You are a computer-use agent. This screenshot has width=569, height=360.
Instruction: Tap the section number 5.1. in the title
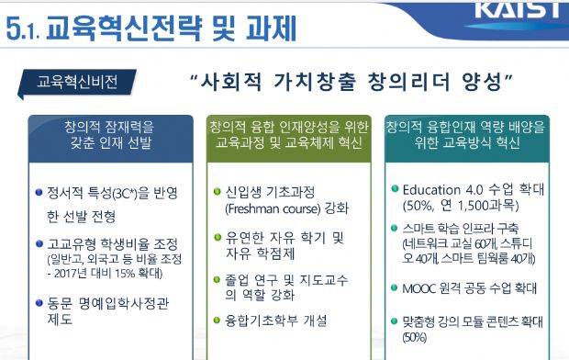pyautogui.click(x=24, y=28)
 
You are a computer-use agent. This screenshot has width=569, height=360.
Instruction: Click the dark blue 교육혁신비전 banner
pyautogui.click(x=77, y=82)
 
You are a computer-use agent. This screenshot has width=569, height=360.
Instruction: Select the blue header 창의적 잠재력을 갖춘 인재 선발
pyautogui.click(x=111, y=139)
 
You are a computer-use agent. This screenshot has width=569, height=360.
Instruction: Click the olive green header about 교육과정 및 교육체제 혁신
pyautogui.click(x=289, y=139)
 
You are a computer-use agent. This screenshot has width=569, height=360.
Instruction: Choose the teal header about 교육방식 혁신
pyautogui.click(x=467, y=139)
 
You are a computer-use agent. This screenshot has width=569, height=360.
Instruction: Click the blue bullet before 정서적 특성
pyautogui.click(x=39, y=192)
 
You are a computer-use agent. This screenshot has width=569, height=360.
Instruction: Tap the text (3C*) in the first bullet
pyautogui.click(x=126, y=193)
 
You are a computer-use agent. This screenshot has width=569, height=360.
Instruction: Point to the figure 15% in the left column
pyautogui.click(x=124, y=273)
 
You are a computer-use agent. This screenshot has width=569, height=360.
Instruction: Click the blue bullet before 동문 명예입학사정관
pyautogui.click(x=39, y=302)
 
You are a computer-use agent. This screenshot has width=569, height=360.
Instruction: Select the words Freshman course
pyautogui.click(x=273, y=208)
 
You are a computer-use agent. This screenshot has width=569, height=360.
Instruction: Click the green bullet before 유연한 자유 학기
pyautogui.click(x=218, y=237)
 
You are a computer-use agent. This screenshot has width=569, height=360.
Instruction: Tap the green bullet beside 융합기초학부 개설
pyautogui.click(x=217, y=320)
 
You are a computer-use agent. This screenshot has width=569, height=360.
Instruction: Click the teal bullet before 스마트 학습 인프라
pyautogui.click(x=395, y=228)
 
